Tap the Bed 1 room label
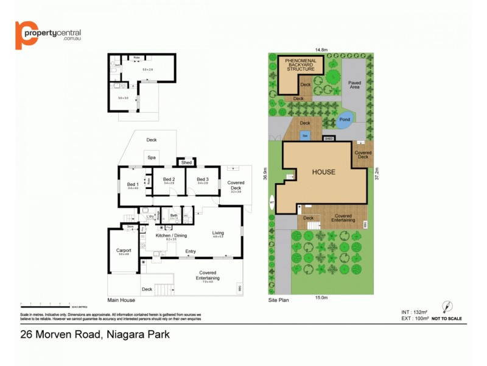tap(133, 184)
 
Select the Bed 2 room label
tap(169, 179)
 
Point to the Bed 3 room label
tap(203, 179)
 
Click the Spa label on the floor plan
tap(152, 157)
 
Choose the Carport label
tap(124, 250)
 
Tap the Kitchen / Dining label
tap(171, 235)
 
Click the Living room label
tap(218, 232)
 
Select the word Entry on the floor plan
tap(191, 251)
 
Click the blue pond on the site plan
tap(344, 120)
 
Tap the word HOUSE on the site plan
tap(323, 172)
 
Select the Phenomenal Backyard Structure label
tap(301, 65)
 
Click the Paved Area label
tap(354, 85)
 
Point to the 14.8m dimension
tap(321, 49)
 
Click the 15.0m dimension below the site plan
tap(321, 298)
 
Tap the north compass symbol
tap(447, 307)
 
